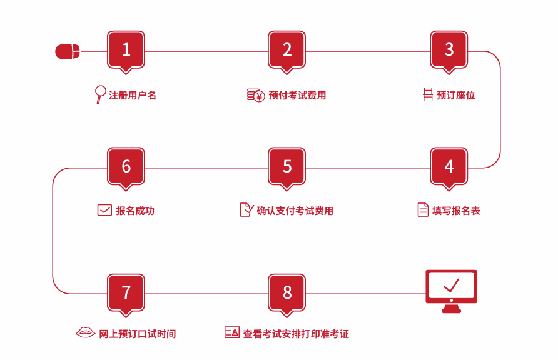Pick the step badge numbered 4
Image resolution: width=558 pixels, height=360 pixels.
coord(449,166)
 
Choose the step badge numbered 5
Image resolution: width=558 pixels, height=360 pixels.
coord(287,166)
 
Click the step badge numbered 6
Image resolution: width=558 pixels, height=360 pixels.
coord(126,166)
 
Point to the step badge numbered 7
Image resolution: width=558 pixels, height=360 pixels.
coord(126,292)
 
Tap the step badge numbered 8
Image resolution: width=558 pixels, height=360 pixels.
coord(287,292)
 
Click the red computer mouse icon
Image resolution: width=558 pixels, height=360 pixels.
coord(68,51)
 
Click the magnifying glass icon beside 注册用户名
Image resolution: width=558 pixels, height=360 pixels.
coord(99,94)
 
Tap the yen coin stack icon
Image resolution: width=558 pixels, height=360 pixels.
coord(255,95)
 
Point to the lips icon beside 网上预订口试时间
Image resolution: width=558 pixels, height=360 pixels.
coord(85,333)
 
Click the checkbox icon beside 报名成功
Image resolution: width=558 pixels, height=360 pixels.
coord(104,211)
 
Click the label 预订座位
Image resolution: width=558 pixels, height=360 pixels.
coord(455,95)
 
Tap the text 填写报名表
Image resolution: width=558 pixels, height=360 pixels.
coord(456,211)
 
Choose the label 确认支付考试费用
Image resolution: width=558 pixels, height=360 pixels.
coord(295,211)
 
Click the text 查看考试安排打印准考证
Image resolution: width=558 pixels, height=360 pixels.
coord(296,334)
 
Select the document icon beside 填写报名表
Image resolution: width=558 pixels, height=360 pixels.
coord(423,210)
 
